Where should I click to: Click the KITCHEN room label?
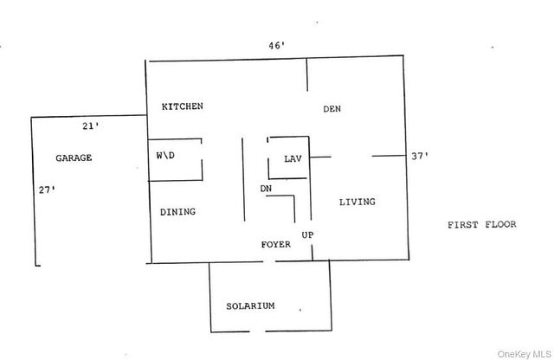tap(183, 106)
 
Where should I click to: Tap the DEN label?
tap(332, 109)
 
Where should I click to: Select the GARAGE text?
tap(74, 157)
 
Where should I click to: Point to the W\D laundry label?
tap(165, 155)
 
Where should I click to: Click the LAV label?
tap(293, 159)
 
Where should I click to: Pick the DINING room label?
tap(177, 212)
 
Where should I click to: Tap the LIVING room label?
tap(358, 202)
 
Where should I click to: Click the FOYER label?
tap(276, 244)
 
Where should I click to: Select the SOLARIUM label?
tap(250, 306)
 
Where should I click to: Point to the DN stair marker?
tap(266, 189)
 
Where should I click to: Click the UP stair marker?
tap(307, 235)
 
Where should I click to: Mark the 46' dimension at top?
tap(277, 46)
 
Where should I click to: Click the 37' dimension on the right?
tap(420, 156)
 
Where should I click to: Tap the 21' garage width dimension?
tap(91, 125)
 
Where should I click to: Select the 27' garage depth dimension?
tap(47, 190)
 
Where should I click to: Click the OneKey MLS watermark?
tap(524, 354)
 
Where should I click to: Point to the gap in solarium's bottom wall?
tap(258, 331)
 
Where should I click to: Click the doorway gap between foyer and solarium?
tap(269, 261)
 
